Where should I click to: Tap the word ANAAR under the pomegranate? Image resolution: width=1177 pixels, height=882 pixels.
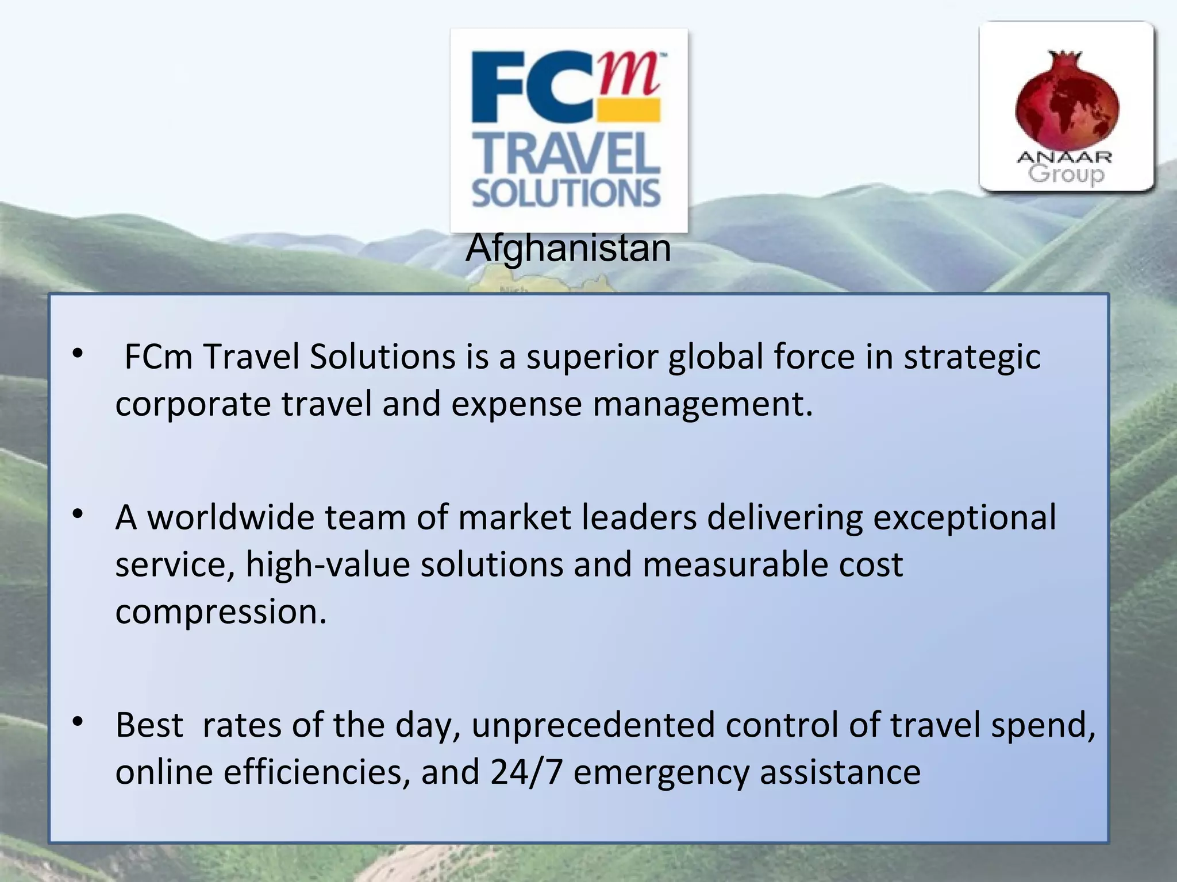click(1064, 157)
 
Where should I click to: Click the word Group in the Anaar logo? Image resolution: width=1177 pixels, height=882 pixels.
click(1066, 174)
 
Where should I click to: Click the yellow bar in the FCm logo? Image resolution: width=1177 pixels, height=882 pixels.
click(628, 110)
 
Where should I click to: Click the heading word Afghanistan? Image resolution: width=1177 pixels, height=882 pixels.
click(568, 248)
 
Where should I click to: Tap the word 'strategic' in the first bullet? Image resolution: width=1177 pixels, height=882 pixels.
click(972, 357)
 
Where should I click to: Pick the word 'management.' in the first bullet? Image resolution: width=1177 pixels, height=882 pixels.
click(703, 404)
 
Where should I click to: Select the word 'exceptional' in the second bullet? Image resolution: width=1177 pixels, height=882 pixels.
click(964, 517)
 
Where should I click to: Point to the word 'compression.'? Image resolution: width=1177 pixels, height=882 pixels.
click(221, 612)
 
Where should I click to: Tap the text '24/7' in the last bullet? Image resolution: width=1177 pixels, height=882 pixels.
click(526, 772)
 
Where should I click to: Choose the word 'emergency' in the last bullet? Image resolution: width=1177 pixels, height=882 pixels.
click(661, 772)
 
